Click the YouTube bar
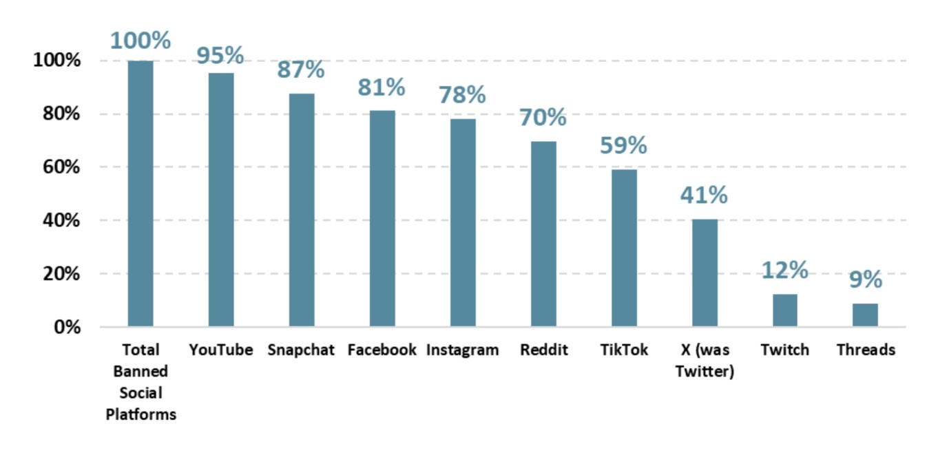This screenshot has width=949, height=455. [221, 200]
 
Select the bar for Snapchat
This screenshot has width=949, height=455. [302, 210]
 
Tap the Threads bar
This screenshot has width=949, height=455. [865, 315]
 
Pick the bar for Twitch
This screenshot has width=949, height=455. [784, 310]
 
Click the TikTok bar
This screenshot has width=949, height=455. [624, 248]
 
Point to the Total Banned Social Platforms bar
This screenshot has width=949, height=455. [140, 193]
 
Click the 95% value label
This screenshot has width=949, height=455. [220, 55]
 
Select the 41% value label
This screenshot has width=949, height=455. [704, 195]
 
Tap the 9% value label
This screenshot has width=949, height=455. [865, 279]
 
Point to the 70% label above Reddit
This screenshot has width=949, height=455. [543, 118]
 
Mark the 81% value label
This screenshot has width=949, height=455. [382, 87]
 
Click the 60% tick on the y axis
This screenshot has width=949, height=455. [57, 167]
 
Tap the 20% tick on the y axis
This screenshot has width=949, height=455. [57, 274]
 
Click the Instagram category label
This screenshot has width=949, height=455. [462, 350]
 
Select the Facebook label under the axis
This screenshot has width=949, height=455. [382, 350]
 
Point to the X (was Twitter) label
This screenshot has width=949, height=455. [704, 361]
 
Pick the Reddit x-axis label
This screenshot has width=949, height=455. [543, 350]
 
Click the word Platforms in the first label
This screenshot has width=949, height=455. [140, 415]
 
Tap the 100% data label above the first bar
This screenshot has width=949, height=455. [140, 41]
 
